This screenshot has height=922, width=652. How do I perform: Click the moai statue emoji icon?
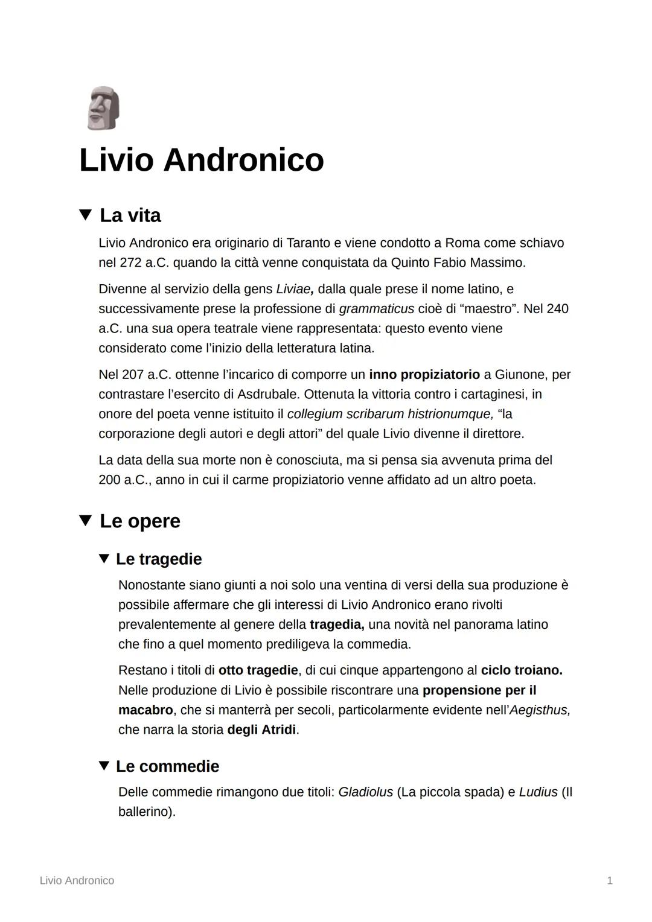click(103, 108)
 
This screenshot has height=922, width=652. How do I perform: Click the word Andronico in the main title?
click(243, 160)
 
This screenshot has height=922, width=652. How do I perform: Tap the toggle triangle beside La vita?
click(86, 214)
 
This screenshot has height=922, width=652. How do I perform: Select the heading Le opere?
click(139, 521)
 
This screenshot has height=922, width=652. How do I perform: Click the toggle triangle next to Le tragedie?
click(104, 558)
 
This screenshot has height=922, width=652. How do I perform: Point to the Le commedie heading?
click(167, 766)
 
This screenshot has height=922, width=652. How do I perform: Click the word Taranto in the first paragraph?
click(308, 243)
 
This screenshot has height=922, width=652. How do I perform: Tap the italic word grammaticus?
click(376, 309)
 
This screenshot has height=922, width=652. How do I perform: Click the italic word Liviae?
click(295, 289)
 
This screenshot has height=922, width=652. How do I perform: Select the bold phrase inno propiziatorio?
click(424, 375)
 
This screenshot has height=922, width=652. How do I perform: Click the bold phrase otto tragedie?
click(258, 670)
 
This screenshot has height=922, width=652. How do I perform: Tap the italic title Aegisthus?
click(540, 710)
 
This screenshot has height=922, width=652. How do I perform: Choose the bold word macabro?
click(145, 710)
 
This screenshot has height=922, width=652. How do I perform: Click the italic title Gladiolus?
click(365, 792)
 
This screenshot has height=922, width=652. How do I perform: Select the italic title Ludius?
click(538, 792)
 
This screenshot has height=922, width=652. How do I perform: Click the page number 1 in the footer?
click(610, 881)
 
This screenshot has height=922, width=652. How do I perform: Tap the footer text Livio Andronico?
click(77, 881)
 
